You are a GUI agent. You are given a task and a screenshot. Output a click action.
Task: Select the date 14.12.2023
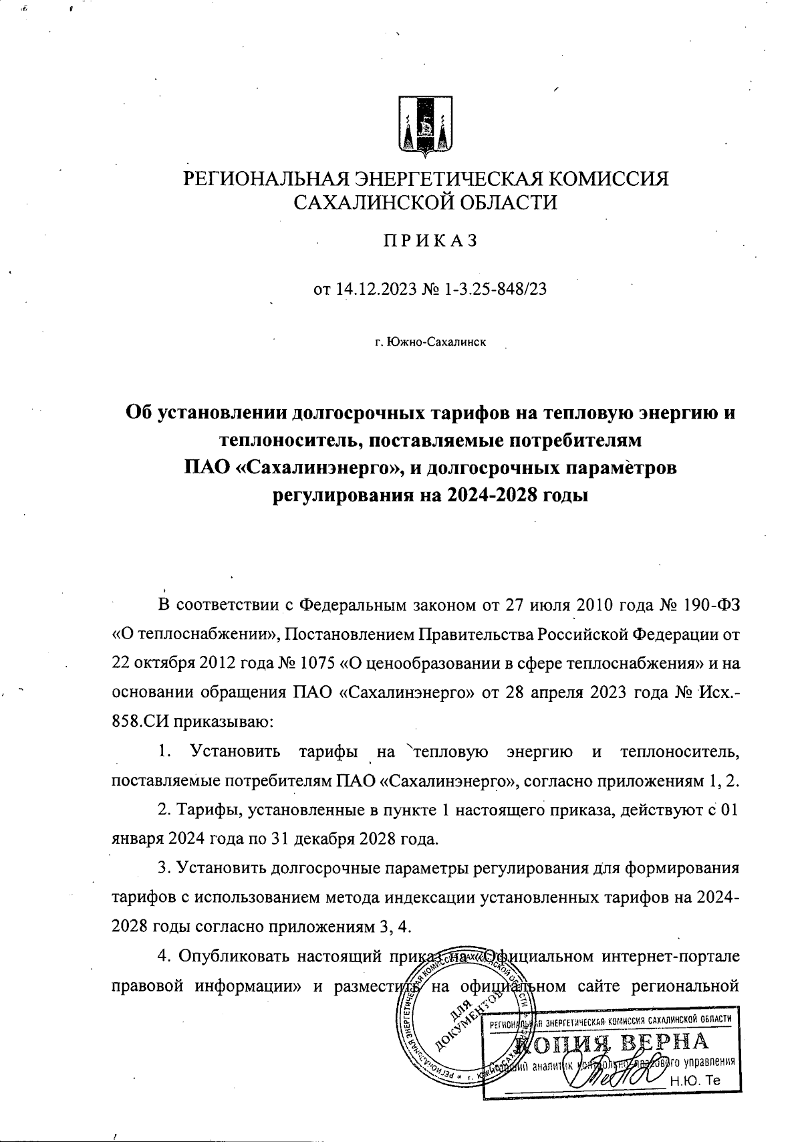[374, 290]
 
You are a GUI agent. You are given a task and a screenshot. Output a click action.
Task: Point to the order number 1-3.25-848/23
[494, 290]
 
